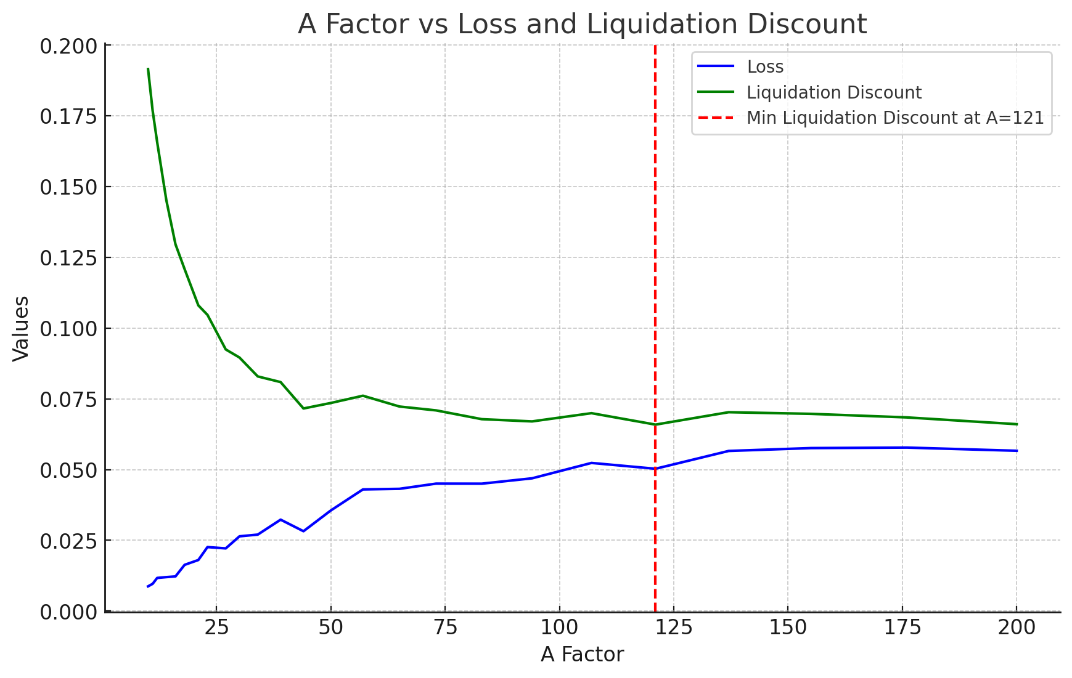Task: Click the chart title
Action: pyautogui.click(x=582, y=25)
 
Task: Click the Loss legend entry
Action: pyautogui.click(x=764, y=67)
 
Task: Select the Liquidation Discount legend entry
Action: pyautogui.click(x=833, y=92)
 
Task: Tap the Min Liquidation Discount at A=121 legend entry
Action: pyautogui.click(x=895, y=118)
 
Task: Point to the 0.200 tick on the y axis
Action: pyautogui.click(x=68, y=46)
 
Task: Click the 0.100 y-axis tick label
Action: pyautogui.click(x=68, y=329)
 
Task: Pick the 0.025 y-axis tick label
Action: pyautogui.click(x=68, y=541)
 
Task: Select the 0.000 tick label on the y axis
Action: pyautogui.click(x=68, y=612)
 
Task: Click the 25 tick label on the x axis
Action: pyautogui.click(x=216, y=628)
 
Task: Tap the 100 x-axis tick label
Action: pyautogui.click(x=559, y=628)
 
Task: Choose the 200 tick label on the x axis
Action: pyautogui.click(x=1017, y=628)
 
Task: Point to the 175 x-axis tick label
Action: pyautogui.click(x=902, y=628)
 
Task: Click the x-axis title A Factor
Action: pyautogui.click(x=582, y=655)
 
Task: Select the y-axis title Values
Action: pyautogui.click(x=22, y=329)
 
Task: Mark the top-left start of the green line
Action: pyautogui.click(x=148, y=69)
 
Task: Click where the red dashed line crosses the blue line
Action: pyautogui.click(x=655, y=469)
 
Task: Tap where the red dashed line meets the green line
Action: pyautogui.click(x=655, y=424)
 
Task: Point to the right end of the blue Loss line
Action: pyautogui.click(x=1017, y=451)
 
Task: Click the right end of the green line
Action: pyautogui.click(x=1017, y=424)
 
